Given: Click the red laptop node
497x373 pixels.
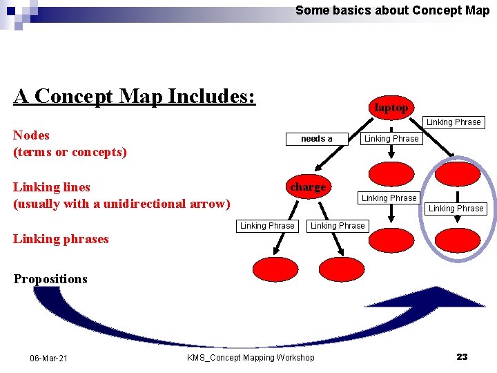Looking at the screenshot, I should pos(391,107).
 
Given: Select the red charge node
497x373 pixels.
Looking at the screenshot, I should pos(307,187).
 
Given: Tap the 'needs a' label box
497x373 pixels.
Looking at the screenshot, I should pos(316,139).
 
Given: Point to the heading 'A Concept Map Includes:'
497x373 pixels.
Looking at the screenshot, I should pos(135,96).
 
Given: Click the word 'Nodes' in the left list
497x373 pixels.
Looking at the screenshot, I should pos(31,135).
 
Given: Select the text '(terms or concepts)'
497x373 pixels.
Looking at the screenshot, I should pos(70,152).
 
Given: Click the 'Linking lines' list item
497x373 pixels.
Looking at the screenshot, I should pos(52,186).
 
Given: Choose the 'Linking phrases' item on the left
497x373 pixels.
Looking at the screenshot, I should pos(61,239).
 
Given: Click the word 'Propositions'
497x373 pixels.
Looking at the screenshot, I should pos(50,279).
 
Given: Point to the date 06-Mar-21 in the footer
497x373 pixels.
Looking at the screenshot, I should pos(48,358).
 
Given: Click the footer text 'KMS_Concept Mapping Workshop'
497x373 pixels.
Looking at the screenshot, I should pos(250,357).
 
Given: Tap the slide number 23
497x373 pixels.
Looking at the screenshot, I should pos(462,356).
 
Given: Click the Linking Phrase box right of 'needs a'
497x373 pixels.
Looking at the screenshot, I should pos(391,139).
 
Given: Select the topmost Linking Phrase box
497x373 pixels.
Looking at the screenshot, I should pos(454,122).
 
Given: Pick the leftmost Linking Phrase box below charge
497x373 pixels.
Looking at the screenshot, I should pos(266,226).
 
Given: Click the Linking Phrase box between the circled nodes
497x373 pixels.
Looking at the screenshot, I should pos(456,208).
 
